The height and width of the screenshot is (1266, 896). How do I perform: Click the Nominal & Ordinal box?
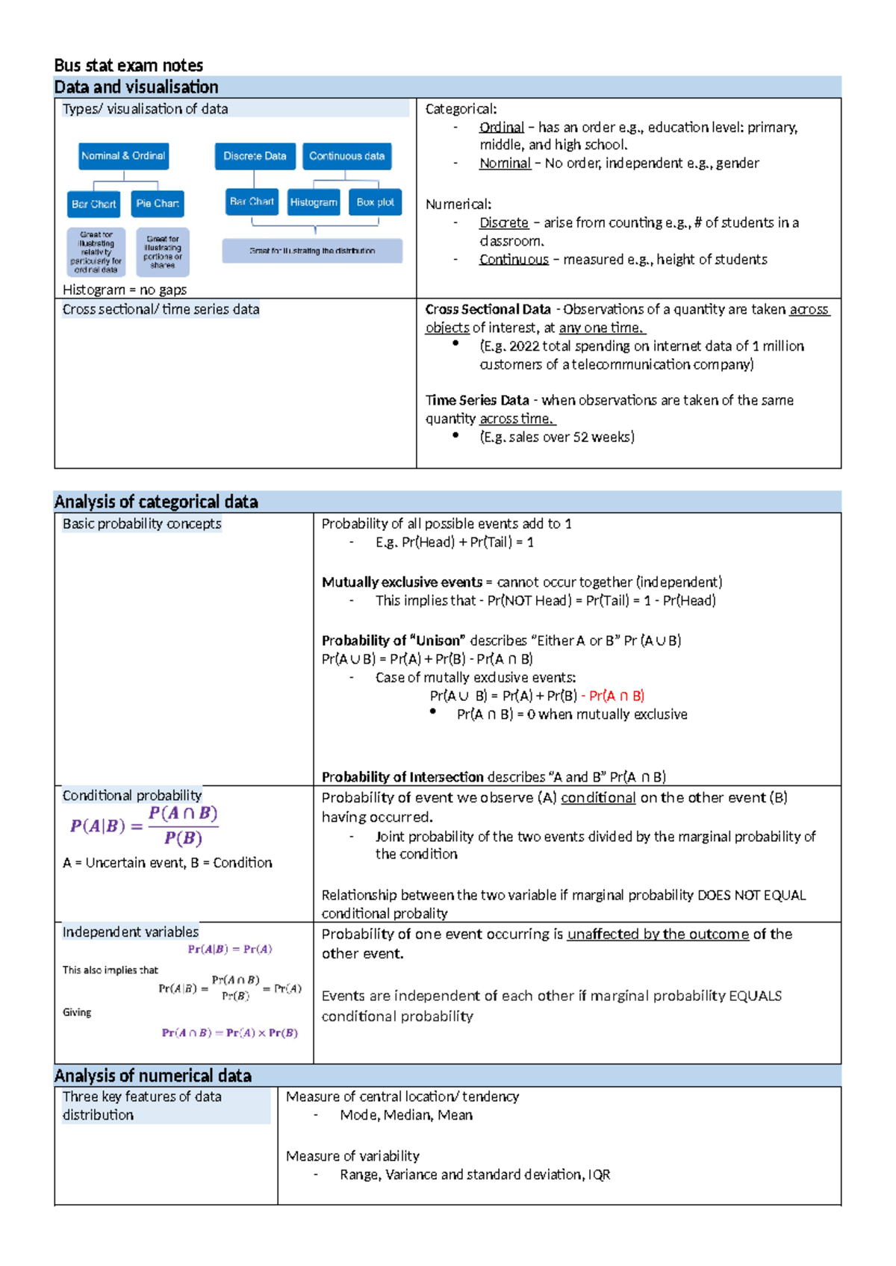[x=123, y=156]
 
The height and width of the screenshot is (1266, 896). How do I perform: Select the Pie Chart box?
[x=158, y=204]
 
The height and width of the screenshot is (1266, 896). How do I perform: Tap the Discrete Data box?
[x=255, y=156]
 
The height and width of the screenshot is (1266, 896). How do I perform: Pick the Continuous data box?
[x=346, y=156]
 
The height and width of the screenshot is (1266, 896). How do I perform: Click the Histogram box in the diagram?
[x=314, y=202]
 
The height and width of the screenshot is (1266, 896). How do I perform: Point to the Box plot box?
[x=375, y=202]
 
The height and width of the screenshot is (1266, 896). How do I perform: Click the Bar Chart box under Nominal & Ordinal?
[x=94, y=204]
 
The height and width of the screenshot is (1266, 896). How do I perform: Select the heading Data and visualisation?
[x=136, y=87]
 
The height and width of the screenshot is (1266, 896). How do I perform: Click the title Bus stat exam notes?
[x=128, y=65]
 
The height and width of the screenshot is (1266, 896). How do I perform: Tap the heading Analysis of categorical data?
[x=156, y=502]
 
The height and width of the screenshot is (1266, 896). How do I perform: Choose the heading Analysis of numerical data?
[x=152, y=1076]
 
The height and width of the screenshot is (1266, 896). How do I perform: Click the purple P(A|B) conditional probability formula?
[x=144, y=826]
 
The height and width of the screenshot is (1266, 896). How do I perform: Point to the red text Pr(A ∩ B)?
[x=616, y=696]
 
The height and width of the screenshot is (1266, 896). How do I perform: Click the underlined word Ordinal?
[x=501, y=127]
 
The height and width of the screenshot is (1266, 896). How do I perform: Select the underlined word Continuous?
[x=514, y=259]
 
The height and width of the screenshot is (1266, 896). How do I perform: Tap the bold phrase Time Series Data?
[x=477, y=400]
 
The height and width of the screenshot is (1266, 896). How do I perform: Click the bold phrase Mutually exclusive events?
[x=402, y=581]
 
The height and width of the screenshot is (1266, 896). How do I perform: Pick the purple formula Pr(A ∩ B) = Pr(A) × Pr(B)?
[x=229, y=1032]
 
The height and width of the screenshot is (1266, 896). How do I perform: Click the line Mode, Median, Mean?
[x=406, y=1114]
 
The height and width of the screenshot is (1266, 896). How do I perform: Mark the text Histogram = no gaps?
[x=125, y=290]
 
